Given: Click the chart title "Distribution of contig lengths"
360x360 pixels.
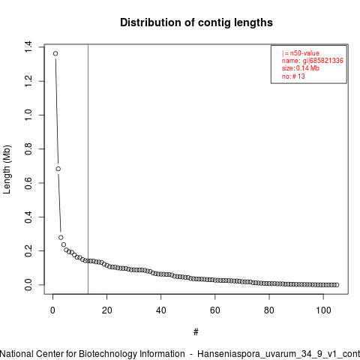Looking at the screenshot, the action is (196, 22).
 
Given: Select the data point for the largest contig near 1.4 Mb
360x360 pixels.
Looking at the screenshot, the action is (55, 53).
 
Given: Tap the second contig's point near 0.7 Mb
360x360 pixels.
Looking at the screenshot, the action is (58, 169).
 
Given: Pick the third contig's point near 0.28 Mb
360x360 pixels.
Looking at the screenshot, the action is (61, 238).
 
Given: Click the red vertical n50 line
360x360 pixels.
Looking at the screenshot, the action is (88, 169).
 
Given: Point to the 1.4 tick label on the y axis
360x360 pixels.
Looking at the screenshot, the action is (28, 47).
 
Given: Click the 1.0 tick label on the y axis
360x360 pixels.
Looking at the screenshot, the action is (28, 115).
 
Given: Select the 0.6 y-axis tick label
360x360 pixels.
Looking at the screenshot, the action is (28, 183).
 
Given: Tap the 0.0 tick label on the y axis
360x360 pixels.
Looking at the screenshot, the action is (28, 285).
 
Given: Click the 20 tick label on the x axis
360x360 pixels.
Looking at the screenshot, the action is (106, 310).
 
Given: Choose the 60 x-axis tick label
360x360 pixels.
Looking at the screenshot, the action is (215, 310).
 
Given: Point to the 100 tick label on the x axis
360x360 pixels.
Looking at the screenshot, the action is (323, 310).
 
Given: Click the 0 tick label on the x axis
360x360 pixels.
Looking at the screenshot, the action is (52, 310).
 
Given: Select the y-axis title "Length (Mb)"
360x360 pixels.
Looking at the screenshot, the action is (7, 169).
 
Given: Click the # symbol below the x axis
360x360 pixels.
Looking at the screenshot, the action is (196, 332).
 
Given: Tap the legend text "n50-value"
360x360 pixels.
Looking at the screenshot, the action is (304, 53).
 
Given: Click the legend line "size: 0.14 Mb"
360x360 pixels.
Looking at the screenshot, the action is (301, 68).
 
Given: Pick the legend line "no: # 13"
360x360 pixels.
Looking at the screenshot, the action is (293, 76).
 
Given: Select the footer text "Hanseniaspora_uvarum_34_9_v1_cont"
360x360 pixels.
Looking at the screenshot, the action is (279, 354).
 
